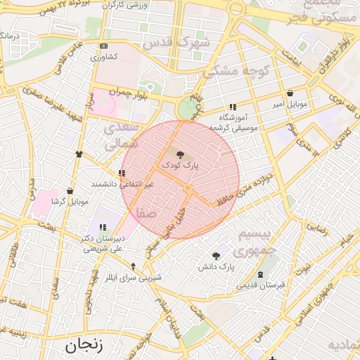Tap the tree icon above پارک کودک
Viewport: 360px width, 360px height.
tap(181, 154)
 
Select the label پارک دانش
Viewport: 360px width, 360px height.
tap(215, 267)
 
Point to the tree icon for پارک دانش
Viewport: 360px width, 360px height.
tap(216, 256)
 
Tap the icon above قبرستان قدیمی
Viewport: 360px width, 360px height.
tap(262, 274)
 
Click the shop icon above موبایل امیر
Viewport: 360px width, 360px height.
tap(290, 93)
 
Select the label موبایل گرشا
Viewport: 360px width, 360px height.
tap(70, 202)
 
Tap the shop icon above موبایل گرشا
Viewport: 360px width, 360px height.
tap(70, 191)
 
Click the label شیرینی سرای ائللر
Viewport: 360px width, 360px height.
tap(133, 278)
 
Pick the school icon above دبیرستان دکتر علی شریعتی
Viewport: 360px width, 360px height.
tap(103, 226)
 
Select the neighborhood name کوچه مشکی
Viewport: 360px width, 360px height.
tap(229, 72)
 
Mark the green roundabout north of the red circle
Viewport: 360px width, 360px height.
tap(187, 108)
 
